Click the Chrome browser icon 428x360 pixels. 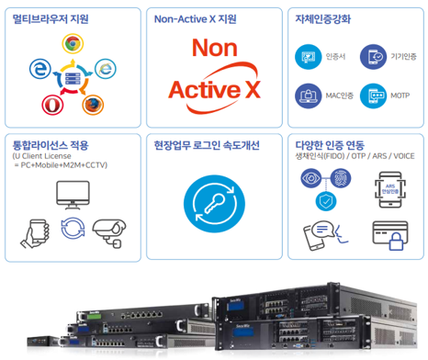72,43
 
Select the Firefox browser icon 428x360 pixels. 93,104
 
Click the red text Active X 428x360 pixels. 215,88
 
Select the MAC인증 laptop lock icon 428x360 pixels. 309,95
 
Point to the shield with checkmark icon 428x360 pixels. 324,201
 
